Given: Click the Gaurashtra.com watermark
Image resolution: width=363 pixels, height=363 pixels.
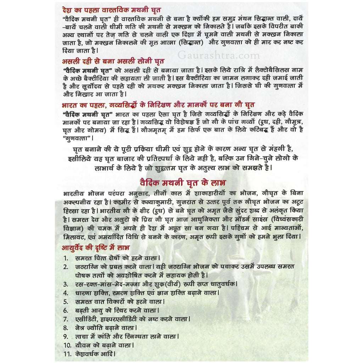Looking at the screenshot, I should [x=219, y=55].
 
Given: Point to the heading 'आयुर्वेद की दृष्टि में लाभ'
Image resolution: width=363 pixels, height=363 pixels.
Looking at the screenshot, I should [x=96, y=247].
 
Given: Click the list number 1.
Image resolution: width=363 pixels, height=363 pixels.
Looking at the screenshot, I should [x=66, y=258].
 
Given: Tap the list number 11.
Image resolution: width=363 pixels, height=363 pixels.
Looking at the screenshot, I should [x=67, y=354].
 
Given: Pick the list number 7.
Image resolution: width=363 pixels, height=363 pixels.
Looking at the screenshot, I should [x=66, y=319].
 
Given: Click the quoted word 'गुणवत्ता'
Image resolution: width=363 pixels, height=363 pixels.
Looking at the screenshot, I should [x=76, y=138].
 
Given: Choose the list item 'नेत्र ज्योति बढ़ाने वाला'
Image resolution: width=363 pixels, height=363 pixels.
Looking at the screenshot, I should [x=106, y=328].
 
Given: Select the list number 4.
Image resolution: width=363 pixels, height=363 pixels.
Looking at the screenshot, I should [x=66, y=293].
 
